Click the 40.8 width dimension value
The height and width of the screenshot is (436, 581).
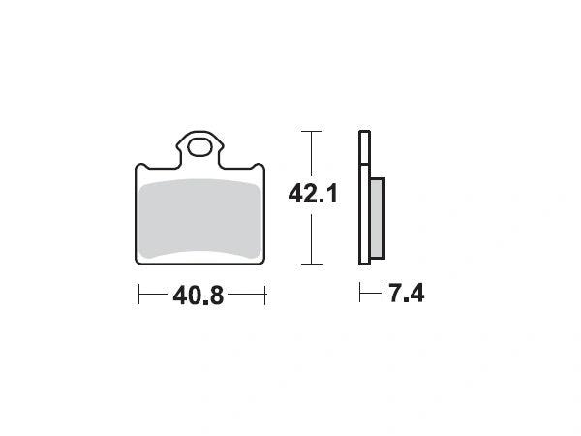point(199,296)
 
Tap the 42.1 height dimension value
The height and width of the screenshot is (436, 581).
point(313,194)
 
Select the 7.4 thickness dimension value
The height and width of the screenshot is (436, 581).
point(406,293)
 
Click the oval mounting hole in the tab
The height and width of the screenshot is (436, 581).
point(199,147)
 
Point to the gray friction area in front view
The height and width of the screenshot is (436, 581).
point(200,219)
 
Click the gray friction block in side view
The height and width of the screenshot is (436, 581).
point(378,218)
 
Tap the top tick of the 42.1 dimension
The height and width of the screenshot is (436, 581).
point(312,131)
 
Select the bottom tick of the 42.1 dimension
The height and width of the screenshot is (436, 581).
point(312,264)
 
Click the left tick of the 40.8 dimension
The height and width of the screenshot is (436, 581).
point(138,295)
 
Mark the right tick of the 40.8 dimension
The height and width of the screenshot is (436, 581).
point(265,295)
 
